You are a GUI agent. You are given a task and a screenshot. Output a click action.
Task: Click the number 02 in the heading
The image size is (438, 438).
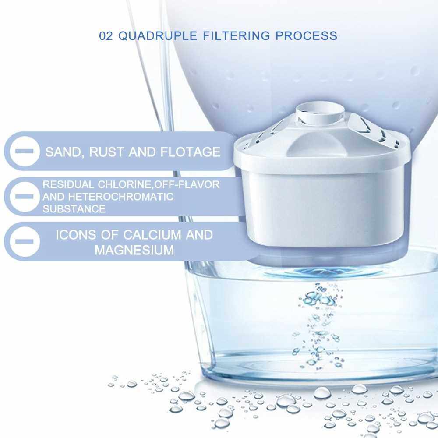coord(106,36)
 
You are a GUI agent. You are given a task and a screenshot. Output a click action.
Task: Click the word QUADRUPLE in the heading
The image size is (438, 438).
coord(158,36)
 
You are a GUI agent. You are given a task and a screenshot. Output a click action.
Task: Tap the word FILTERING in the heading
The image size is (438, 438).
coord(237,36)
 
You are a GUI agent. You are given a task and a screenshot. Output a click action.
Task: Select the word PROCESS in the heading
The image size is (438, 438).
coord(307,36)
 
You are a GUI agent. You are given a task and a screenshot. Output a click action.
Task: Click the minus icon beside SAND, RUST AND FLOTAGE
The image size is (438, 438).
coord(25,152)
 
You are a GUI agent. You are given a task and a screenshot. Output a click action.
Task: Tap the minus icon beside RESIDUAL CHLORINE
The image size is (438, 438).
coord(25,197)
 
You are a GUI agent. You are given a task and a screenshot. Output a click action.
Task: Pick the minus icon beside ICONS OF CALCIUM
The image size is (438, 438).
coord(25,241)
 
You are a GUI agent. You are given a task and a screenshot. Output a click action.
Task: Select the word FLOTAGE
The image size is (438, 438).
coord(191,152)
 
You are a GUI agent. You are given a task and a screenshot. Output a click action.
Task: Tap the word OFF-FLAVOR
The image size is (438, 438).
coord(187,185)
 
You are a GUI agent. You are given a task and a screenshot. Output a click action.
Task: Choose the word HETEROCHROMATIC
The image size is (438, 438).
coord(121,197)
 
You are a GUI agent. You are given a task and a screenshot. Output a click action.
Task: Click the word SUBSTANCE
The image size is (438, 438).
coord(74,209)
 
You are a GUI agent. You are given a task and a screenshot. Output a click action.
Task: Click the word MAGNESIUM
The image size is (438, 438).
coord(134,250)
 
